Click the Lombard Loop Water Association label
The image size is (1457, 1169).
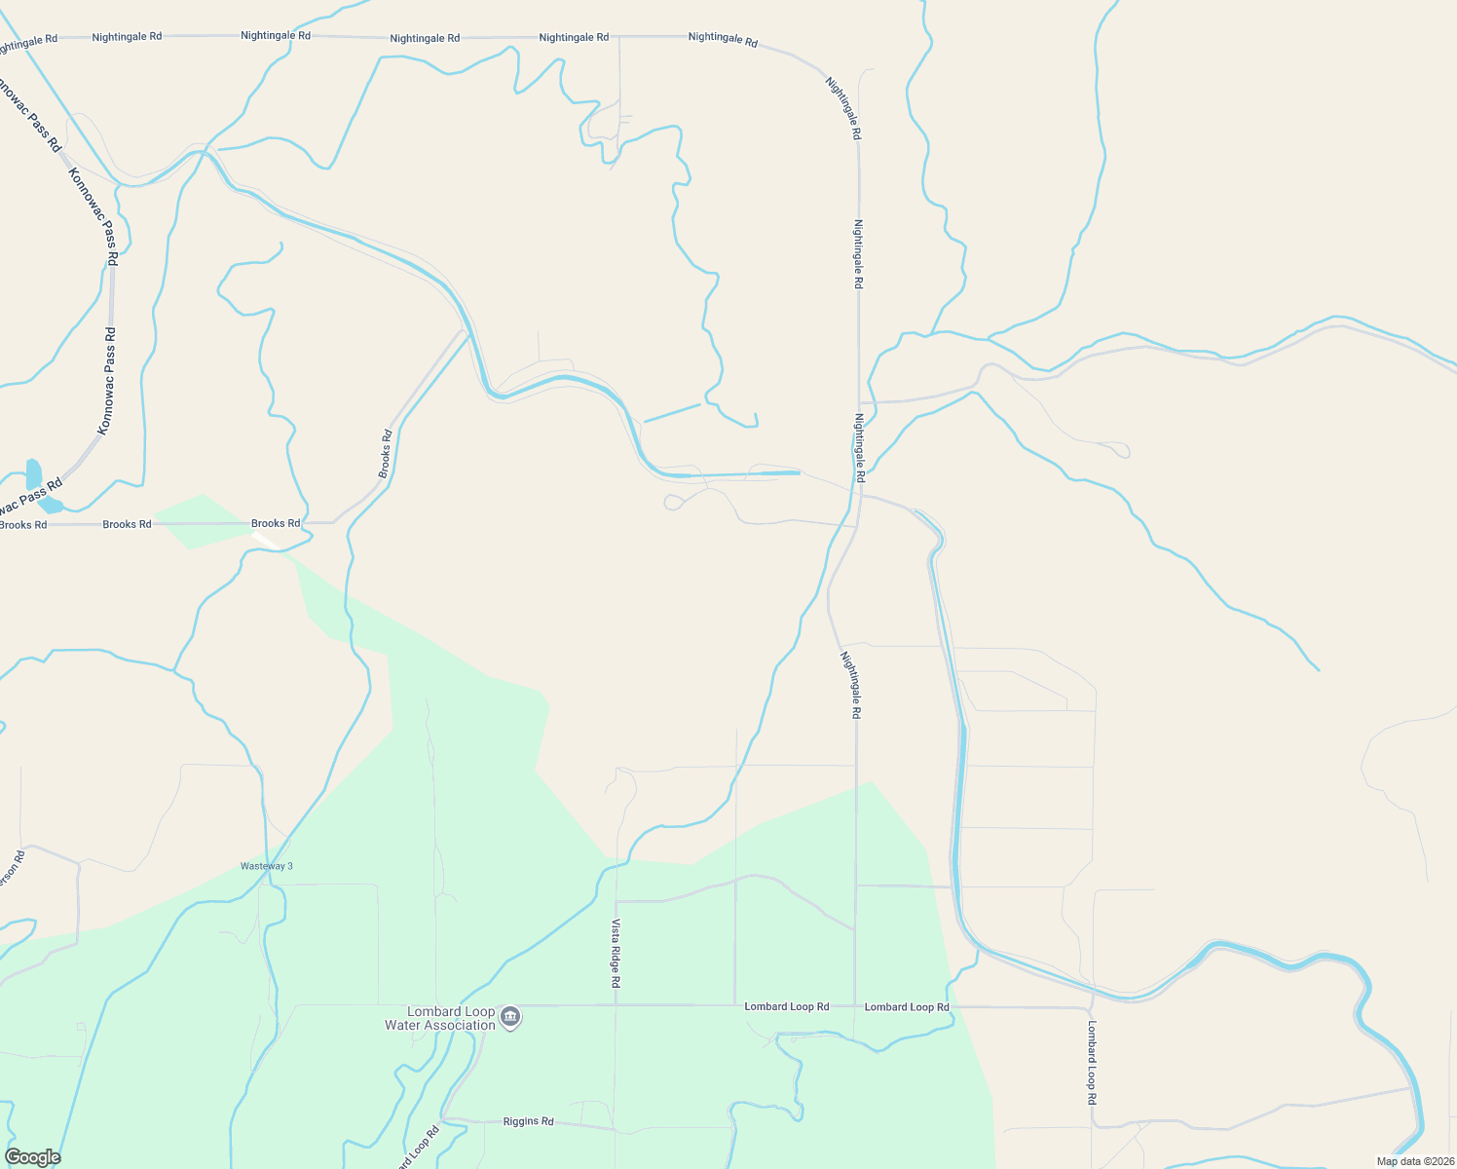tap(440, 1018)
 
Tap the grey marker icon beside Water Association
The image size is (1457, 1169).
tap(510, 1019)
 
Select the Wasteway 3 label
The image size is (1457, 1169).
tap(266, 866)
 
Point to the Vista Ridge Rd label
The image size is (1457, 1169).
tap(616, 953)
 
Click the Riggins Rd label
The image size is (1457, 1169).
tap(528, 1121)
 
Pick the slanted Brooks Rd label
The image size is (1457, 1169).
tap(386, 453)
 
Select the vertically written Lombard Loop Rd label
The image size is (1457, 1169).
tap(1092, 1062)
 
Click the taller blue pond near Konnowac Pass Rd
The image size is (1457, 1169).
tap(34, 473)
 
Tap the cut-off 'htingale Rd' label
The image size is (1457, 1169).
tap(28, 42)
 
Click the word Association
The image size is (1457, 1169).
tap(455, 1025)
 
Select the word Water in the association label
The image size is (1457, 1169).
tap(404, 1025)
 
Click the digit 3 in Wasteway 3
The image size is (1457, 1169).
tap(289, 866)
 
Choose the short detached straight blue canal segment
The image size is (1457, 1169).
tap(672, 413)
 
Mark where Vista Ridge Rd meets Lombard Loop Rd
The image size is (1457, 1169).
tap(616, 1005)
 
